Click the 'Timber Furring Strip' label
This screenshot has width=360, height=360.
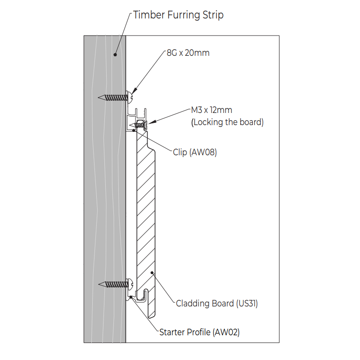click(x=179, y=15)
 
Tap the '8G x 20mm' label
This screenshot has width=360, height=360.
click(x=188, y=53)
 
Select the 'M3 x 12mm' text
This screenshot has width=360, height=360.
click(x=211, y=110)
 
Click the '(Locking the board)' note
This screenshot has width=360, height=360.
click(x=227, y=121)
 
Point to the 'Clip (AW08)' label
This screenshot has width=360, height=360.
click(x=195, y=152)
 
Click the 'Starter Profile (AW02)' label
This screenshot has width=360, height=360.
click(x=199, y=333)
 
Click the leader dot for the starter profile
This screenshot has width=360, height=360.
click(x=131, y=297)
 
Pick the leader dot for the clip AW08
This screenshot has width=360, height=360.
click(x=134, y=130)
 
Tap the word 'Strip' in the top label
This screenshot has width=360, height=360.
click(x=211, y=15)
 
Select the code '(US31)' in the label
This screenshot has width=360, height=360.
click(x=247, y=303)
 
